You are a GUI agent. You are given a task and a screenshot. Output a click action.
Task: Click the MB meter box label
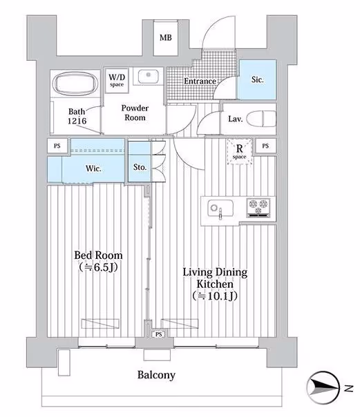pyautogui.click(x=166, y=38)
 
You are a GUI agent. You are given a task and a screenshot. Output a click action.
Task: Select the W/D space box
pyautogui.click(x=117, y=80)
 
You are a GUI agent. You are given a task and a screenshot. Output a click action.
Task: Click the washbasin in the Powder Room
pyautogui.click(x=148, y=75)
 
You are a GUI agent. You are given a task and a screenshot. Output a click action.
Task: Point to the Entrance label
pyautogui.click(x=200, y=81)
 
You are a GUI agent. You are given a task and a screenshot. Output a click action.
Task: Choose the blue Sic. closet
pyautogui.click(x=257, y=79)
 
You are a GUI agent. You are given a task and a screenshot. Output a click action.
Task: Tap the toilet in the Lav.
pyautogui.click(x=261, y=119)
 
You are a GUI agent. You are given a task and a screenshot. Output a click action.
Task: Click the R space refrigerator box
pyautogui.click(x=240, y=151)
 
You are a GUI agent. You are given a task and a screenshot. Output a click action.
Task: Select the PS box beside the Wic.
pyautogui.click(x=57, y=146)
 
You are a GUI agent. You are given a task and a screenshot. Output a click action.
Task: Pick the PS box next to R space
pyautogui.click(x=265, y=146)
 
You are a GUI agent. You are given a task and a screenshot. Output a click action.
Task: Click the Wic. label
pyautogui.click(x=93, y=168)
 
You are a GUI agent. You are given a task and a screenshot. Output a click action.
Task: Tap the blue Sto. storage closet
pyautogui.click(x=140, y=162)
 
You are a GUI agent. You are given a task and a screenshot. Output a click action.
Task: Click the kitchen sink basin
pyautogui.click(x=220, y=208)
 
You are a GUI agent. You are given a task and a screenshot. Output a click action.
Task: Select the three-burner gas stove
pyautogui.click(x=258, y=207)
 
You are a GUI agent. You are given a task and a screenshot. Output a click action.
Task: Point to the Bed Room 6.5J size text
pyautogui.click(x=98, y=267)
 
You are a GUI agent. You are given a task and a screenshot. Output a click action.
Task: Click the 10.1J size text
pyautogui.click(x=215, y=296)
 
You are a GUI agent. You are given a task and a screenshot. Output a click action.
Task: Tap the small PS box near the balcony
pyautogui.click(x=159, y=334)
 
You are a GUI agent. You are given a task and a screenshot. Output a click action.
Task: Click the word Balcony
pyautogui.click(x=156, y=375)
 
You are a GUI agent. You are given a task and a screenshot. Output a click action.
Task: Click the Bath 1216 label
pyautogui.click(x=77, y=116)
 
